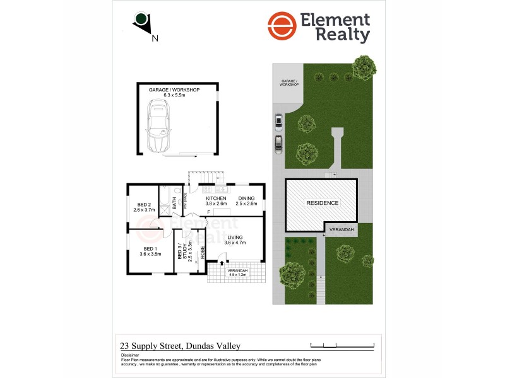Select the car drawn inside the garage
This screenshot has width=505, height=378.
(159, 128)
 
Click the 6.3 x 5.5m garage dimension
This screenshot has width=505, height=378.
(174, 95)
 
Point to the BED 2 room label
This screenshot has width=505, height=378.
(144, 204)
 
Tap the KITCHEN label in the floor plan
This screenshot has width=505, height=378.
(216, 198)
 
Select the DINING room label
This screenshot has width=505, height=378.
(246, 198)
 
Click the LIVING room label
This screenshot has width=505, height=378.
(235, 238)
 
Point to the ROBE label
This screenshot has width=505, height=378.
(202, 253)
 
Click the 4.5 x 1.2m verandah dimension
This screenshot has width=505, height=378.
(237, 275)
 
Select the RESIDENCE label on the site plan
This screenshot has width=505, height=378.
(323, 203)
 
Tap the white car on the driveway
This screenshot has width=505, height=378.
(278, 120)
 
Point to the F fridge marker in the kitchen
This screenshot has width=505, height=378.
(208, 212)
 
